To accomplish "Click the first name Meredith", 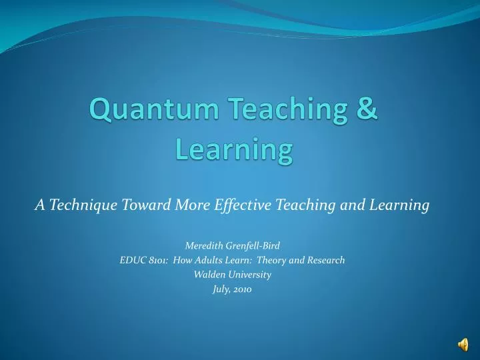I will click(203, 245).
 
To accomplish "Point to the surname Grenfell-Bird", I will click(253, 245).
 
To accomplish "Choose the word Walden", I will click(210, 275).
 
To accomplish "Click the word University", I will click(252, 275).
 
